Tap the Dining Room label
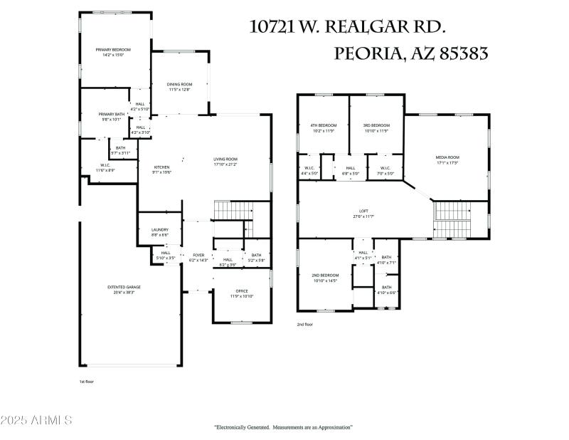point(180,84)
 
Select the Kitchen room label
point(161,167)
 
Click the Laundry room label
point(160,229)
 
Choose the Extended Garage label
point(124,287)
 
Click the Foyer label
point(198,255)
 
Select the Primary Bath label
point(110,114)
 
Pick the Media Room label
point(447,157)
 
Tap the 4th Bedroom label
point(324,125)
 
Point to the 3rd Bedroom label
point(376,125)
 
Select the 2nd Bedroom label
point(325,275)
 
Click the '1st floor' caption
point(87,382)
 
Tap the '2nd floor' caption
point(305,324)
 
